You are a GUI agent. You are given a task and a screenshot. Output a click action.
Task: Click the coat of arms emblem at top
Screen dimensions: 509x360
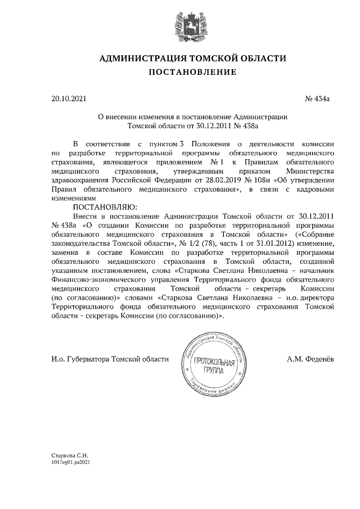pyautogui.click(x=180, y=25)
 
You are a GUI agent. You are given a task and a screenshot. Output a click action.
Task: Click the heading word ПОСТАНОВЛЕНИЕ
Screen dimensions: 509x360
pyautogui.click(x=180, y=72)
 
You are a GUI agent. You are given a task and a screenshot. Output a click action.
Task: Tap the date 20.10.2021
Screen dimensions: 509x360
pyautogui.click(x=69, y=99)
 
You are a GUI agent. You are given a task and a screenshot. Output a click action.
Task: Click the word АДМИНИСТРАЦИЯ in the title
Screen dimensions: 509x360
pyautogui.click(x=139, y=58)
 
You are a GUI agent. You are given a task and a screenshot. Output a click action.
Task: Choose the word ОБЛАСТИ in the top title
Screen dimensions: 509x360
pyautogui.click(x=258, y=58)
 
